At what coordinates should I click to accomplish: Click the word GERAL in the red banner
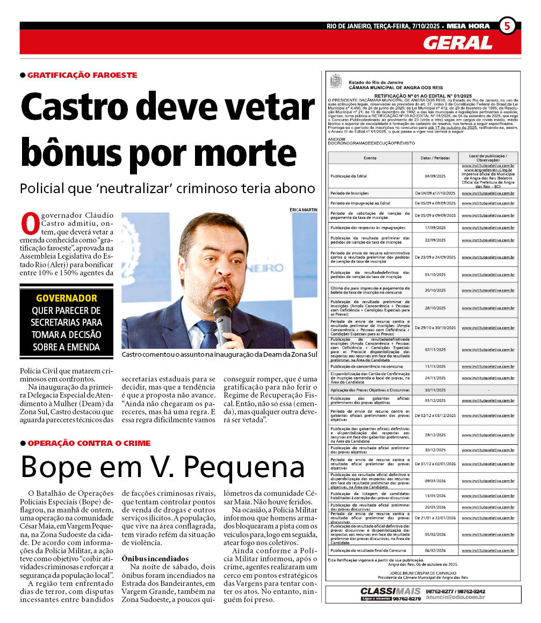pos(457,43)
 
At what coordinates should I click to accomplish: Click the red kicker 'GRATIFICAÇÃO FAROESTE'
pos(82,75)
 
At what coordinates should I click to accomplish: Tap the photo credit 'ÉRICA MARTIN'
pos(303,209)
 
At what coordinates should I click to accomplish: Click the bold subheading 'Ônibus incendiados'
pos(155,559)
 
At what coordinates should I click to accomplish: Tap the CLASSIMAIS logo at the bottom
pos(383,591)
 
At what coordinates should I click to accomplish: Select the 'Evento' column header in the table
pos(370,158)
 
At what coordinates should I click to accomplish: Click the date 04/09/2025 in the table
pos(435,176)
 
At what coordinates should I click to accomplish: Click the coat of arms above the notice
pos(336,82)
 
